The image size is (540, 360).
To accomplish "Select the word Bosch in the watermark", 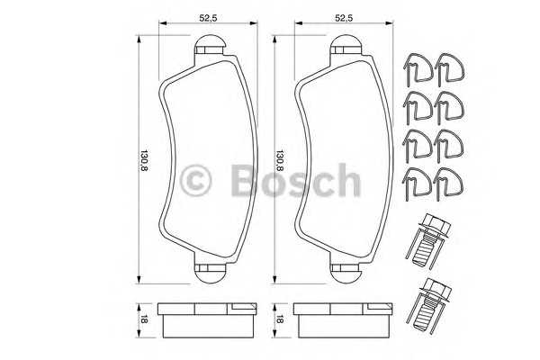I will (x=294, y=181).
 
